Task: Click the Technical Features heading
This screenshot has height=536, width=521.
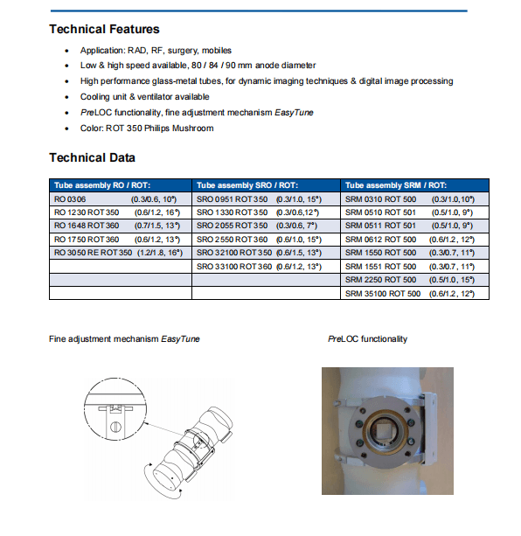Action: [x=104, y=29]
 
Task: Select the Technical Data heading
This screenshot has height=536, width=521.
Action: [x=93, y=157]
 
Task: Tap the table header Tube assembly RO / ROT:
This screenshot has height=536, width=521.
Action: [x=102, y=185]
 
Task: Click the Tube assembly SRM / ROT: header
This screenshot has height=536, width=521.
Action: [x=396, y=185]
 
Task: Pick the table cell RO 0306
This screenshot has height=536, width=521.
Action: [x=70, y=199]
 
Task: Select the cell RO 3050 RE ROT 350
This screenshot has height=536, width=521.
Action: [x=93, y=253]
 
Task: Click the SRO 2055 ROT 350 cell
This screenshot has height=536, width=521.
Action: [x=232, y=226]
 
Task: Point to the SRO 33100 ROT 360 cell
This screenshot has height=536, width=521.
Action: [x=234, y=267]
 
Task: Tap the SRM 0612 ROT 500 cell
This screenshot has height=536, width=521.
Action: [x=380, y=240]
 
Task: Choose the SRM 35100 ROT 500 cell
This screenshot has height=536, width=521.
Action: [x=383, y=294]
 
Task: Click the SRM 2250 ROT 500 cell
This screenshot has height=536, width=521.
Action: [x=380, y=280]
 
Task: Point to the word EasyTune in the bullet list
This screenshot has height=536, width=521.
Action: [x=294, y=113]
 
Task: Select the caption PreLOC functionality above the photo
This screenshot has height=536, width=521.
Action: [x=368, y=338]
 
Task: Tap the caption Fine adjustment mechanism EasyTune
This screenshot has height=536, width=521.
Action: [x=124, y=338]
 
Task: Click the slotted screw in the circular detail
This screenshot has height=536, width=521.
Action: [x=115, y=427]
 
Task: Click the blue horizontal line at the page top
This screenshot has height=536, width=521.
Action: [x=259, y=11]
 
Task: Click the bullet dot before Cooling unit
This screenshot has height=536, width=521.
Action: [x=66, y=97]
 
